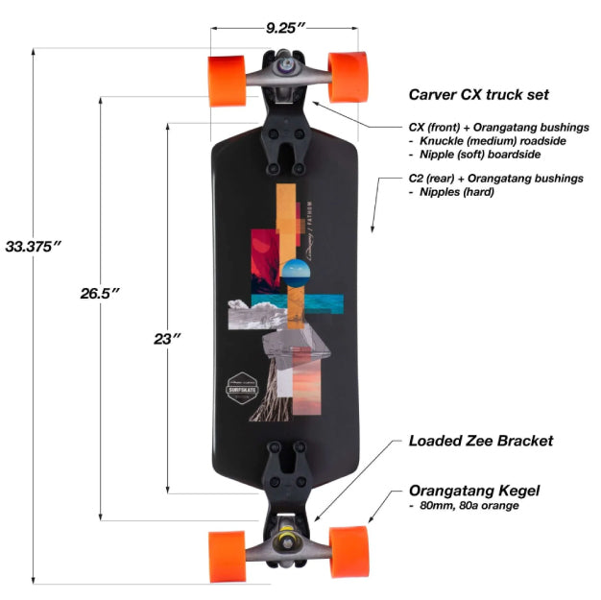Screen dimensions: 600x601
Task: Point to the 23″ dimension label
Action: (x=166, y=338)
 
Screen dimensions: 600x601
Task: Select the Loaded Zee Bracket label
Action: (x=481, y=442)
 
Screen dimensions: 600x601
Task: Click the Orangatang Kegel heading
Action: (x=473, y=491)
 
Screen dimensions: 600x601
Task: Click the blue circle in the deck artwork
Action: (x=295, y=275)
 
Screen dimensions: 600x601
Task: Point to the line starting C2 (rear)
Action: (x=495, y=179)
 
